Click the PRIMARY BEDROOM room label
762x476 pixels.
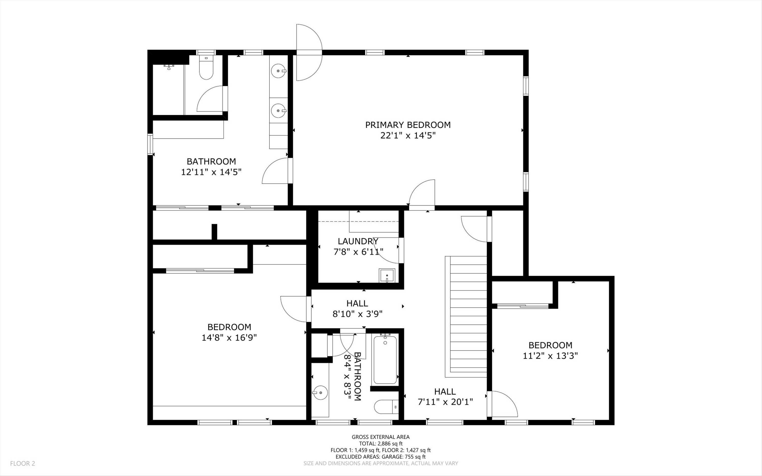408,125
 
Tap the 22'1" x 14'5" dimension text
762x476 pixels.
408,136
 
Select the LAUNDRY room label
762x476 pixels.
358,242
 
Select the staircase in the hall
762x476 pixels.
466,317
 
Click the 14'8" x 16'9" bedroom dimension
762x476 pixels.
229,338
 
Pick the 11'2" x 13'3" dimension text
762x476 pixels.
550,356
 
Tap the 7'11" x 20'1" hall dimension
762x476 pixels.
445,402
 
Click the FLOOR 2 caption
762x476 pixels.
23,463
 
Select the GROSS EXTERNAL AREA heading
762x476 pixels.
380,437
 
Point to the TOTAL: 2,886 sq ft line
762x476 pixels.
380,443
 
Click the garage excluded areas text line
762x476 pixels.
380,457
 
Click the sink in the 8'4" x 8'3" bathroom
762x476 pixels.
320,393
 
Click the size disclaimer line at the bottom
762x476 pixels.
380,463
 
